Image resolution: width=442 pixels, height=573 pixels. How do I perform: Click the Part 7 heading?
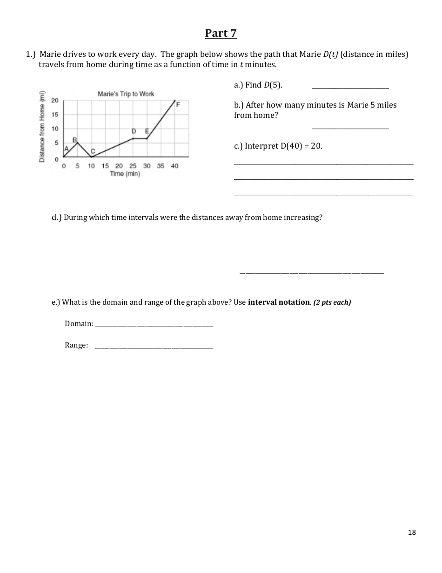point(221,33)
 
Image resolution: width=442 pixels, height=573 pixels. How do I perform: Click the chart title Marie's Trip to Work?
point(126,94)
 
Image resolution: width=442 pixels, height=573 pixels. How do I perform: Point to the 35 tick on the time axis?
point(161,166)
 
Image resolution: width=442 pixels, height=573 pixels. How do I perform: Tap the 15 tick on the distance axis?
point(55,114)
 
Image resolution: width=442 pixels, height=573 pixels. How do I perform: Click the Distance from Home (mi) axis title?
point(42,127)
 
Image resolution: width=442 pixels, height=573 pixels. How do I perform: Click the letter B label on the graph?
point(74,139)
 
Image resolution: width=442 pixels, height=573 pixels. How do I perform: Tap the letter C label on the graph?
point(93,151)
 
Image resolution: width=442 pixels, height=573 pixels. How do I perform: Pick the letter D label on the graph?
point(134,132)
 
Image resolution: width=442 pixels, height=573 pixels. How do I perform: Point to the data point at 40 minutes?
point(175,101)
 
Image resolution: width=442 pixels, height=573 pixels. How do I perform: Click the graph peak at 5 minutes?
point(77,143)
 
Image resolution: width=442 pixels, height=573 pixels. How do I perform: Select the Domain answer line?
point(154,326)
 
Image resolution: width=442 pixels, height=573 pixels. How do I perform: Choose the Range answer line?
point(154,347)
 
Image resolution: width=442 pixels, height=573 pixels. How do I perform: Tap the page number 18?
point(412,532)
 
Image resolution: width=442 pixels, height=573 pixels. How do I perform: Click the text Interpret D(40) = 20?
point(278,146)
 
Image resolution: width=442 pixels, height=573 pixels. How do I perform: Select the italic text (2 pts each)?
point(332,302)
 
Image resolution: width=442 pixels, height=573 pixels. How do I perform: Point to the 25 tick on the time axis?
point(133,166)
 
